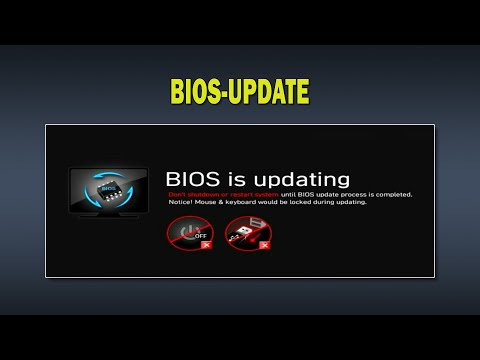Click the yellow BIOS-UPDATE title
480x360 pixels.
click(x=240, y=93)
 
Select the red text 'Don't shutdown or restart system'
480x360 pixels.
click(x=222, y=194)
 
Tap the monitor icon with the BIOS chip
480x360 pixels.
click(x=108, y=192)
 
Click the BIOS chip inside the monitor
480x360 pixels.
click(x=108, y=187)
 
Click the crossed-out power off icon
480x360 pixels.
click(x=190, y=233)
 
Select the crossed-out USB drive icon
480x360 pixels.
click(x=247, y=233)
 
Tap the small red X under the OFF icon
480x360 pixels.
click(x=205, y=244)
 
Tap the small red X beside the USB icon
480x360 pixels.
click(x=263, y=244)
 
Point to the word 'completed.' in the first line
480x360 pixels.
click(x=392, y=194)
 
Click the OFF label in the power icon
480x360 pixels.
click(x=201, y=235)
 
